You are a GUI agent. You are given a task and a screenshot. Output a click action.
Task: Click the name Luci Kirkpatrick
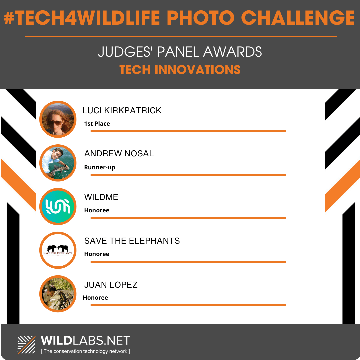pos(122,110)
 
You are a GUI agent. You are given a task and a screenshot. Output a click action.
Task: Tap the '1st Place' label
pos(97,124)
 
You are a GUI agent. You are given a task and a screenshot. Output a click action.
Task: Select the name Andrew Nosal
pos(119,153)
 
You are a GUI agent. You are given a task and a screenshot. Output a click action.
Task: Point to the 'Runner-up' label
pos(100,167)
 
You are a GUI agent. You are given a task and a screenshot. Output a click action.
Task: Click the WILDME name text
pos(101,197)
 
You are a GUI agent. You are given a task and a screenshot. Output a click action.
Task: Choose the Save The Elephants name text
pos(132,241)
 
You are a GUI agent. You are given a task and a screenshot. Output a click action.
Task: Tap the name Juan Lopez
pos(111,285)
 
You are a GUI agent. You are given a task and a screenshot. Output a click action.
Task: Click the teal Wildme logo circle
pos(58,206)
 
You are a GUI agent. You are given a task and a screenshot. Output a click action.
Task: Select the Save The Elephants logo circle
pos(58,250)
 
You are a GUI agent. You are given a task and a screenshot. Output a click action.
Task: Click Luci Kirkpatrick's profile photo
pos(58,119)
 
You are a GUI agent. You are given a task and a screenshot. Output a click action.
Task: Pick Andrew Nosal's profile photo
pos(58,163)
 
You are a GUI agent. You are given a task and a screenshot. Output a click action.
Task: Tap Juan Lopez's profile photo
pos(58,294)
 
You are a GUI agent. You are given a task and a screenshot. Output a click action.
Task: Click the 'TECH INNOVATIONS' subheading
pos(180,70)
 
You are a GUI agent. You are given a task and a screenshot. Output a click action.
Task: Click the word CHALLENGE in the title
pos(298,18)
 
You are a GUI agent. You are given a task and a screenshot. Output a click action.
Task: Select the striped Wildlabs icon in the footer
pos(26,345)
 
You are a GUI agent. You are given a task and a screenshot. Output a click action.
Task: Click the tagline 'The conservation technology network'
pos(85,351)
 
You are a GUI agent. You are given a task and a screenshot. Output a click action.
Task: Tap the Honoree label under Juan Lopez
pos(95,298)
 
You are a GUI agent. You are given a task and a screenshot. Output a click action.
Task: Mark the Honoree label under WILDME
pos(97,210)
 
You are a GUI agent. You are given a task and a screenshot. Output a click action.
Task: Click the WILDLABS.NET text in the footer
pos(85,340)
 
